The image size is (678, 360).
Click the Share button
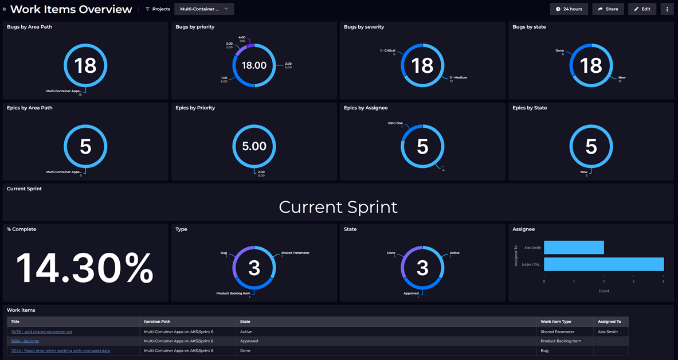click(608, 9)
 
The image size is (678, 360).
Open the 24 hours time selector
click(569, 9)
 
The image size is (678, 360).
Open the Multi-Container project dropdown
click(204, 9)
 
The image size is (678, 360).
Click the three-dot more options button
click(667, 9)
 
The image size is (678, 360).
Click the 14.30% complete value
click(85, 268)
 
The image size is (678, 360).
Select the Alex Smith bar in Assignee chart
click(574, 247)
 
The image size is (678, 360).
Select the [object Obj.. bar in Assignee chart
click(603, 264)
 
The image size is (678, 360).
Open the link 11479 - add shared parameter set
click(42, 332)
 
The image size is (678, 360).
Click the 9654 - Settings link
click(25, 341)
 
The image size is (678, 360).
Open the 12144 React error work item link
click(60, 350)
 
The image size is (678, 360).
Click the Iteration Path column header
click(157, 322)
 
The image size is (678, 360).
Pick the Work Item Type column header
click(555, 322)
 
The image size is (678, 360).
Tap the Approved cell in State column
click(249, 341)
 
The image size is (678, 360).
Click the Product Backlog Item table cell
click(561, 341)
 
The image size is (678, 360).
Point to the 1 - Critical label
click(387, 50)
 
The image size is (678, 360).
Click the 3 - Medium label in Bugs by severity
click(458, 77)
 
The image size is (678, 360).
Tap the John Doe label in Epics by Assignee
click(395, 123)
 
